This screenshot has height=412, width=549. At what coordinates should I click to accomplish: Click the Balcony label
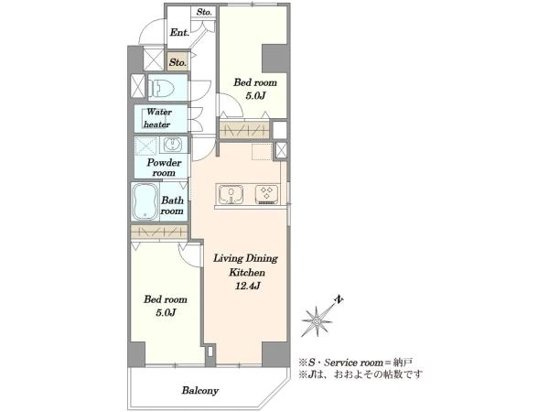coord(199,390)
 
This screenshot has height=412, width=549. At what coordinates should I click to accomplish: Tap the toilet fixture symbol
coord(162,87)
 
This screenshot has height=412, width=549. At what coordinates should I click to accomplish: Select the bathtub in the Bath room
coord(145,201)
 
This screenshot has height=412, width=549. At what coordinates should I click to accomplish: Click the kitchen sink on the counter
coord(231,194)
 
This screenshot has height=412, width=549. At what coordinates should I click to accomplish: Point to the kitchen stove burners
coord(267,194)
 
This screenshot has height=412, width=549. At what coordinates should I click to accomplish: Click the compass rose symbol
coord(317,321)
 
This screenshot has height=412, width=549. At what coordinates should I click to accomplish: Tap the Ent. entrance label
coord(179,33)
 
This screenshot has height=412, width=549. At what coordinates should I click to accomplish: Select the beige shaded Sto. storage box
coord(178,62)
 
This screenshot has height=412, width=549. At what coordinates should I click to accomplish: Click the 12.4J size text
coord(248,286)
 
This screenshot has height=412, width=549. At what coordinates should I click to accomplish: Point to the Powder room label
coord(164,168)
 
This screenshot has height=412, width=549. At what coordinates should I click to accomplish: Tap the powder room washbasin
coord(172,144)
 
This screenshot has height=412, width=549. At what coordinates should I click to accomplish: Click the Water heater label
coord(157,118)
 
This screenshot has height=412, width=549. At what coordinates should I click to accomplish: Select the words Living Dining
coord(246,258)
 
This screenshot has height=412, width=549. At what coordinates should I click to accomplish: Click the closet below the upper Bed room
coord(244,130)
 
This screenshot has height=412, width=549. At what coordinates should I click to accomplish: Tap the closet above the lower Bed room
coord(159,232)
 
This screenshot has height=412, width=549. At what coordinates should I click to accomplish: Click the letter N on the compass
coord(339,299)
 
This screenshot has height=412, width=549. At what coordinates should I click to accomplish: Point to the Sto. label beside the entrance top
coord(204,12)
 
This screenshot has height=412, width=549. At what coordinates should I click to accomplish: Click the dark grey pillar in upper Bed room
coord(274,59)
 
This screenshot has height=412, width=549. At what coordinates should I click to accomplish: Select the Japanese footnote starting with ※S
coord(355,362)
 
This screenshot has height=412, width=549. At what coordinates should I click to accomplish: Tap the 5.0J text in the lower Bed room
coord(166,312)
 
